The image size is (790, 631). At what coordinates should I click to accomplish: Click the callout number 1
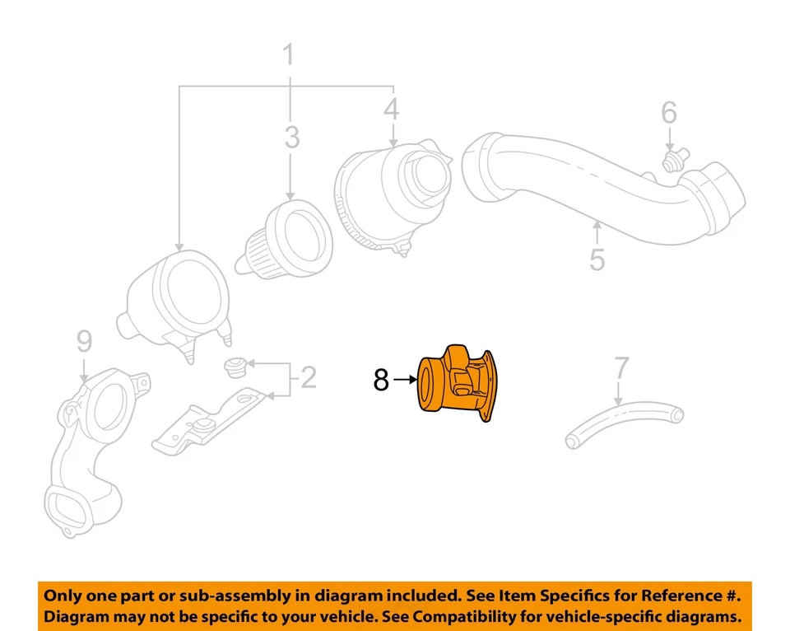288,56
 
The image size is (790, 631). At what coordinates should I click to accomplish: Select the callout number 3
292,138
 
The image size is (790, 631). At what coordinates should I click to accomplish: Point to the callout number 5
597,259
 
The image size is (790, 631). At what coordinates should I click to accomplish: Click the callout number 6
669,112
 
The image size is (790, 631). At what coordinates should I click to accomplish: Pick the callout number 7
622,370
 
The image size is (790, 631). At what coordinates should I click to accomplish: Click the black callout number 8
380,380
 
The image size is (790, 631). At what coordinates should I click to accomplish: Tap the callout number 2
308,378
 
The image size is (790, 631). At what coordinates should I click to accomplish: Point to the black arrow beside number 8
405,380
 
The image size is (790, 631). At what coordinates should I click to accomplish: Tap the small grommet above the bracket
234,365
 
